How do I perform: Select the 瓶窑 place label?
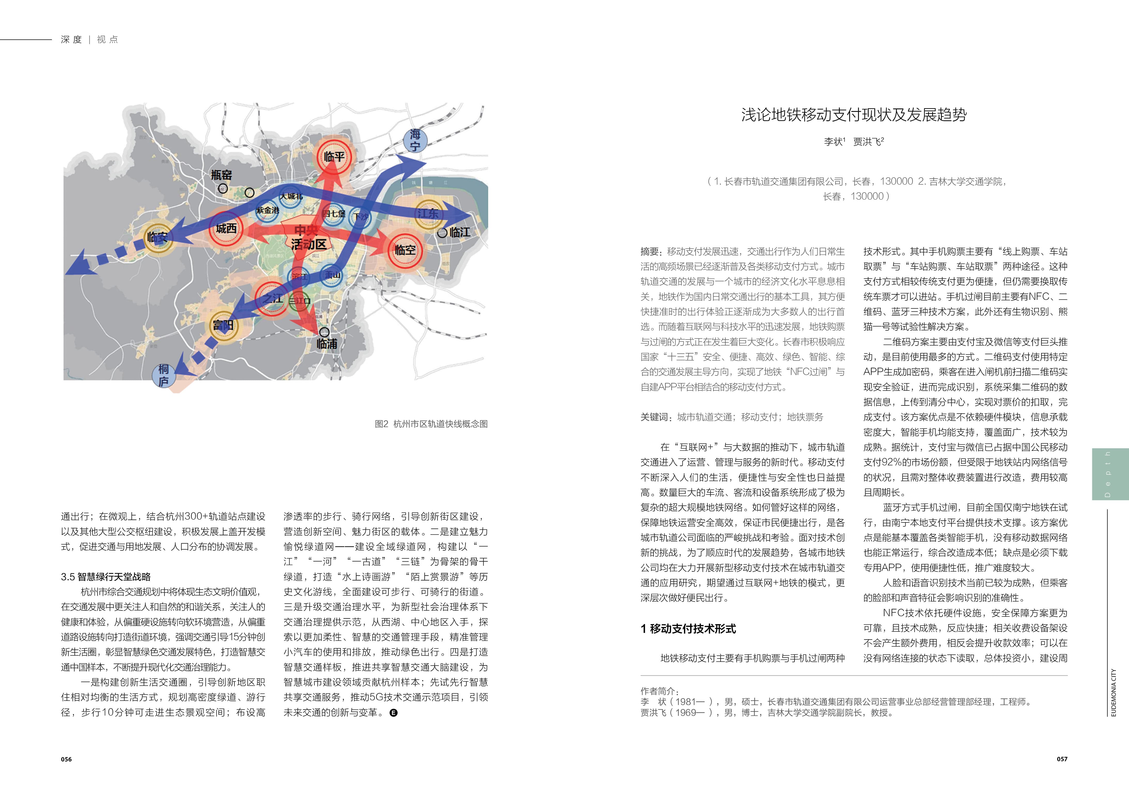click(221, 175)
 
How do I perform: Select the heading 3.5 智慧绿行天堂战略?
click(106, 577)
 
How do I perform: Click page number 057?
click(1062, 759)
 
